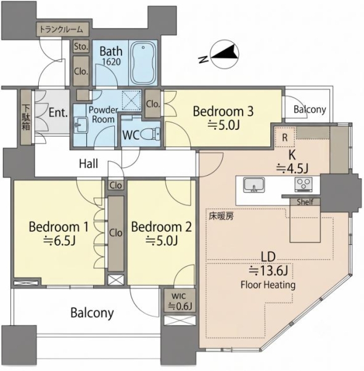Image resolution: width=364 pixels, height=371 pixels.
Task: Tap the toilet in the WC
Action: click(151, 134)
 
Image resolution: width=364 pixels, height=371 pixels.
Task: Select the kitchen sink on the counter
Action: click(254, 185)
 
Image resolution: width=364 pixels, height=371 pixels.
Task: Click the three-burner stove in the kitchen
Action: click(304, 184)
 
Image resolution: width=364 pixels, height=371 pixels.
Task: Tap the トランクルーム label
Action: click(61, 30)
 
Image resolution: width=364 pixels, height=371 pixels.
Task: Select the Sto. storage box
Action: click(81, 46)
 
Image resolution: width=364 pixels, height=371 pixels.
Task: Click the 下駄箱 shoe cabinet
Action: click(26, 117)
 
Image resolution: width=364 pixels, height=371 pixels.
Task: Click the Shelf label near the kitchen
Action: click(305, 202)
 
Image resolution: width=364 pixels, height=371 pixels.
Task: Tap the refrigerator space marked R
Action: click(285, 137)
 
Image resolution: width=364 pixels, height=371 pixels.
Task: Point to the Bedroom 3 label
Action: click(223, 111)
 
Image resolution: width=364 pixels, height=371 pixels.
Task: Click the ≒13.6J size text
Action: click(268, 271)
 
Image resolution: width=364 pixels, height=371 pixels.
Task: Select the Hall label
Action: click(88, 163)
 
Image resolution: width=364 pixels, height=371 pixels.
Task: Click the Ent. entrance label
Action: click(58, 113)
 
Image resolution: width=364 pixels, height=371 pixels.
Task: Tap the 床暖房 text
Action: click(221, 216)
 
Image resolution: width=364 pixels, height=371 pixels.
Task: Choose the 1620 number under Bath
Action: click(111, 62)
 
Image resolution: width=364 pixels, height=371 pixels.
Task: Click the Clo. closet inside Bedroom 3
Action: click(153, 104)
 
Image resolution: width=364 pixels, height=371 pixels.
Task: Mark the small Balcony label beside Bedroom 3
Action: click(310, 109)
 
